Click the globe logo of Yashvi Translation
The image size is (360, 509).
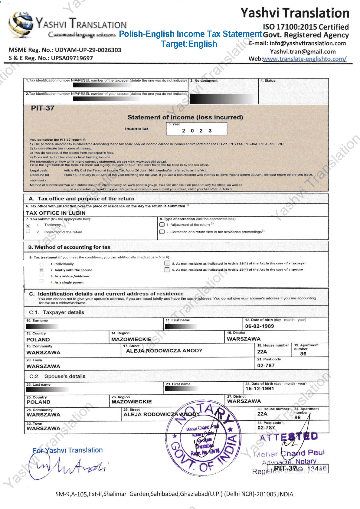click(21, 25)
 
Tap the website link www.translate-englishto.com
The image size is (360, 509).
click(304, 59)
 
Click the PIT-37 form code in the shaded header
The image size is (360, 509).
click(43, 108)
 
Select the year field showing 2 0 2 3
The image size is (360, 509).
click(197, 130)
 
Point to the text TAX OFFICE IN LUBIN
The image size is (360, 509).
click(56, 213)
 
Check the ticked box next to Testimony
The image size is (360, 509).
click(28, 226)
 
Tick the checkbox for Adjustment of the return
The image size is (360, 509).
click(162, 225)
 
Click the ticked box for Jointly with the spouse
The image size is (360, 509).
click(41, 270)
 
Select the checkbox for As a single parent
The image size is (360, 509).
click(41, 281)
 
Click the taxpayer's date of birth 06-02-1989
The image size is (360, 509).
click(259, 326)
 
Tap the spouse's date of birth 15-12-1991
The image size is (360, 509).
click(260, 389)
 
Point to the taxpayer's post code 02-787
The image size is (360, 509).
click(266, 365)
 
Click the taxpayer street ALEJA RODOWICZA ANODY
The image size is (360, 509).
click(164, 351)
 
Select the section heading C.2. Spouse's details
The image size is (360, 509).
click(57, 376)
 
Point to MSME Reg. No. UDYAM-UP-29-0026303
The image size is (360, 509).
click(65, 50)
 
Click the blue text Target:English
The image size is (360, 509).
click(189, 44)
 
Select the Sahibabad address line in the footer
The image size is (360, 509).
click(174, 494)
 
